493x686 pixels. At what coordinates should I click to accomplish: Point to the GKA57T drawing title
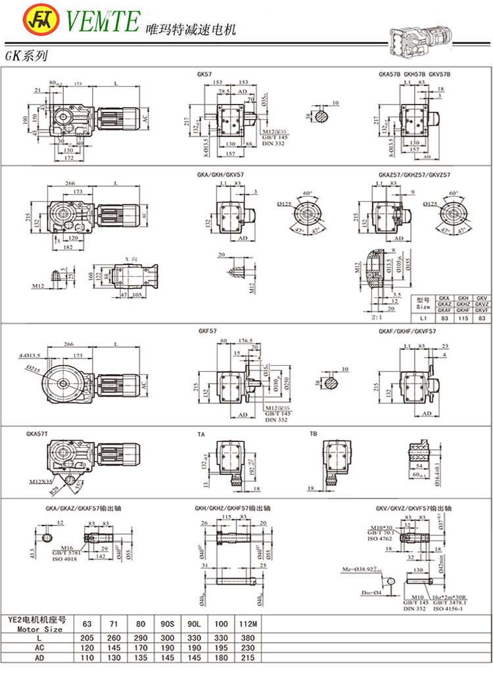(39, 435)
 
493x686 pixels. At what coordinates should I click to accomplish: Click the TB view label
(314, 435)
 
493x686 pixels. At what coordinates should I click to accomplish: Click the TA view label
(201, 435)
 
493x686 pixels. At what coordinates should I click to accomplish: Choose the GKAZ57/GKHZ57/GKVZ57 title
(414, 175)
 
